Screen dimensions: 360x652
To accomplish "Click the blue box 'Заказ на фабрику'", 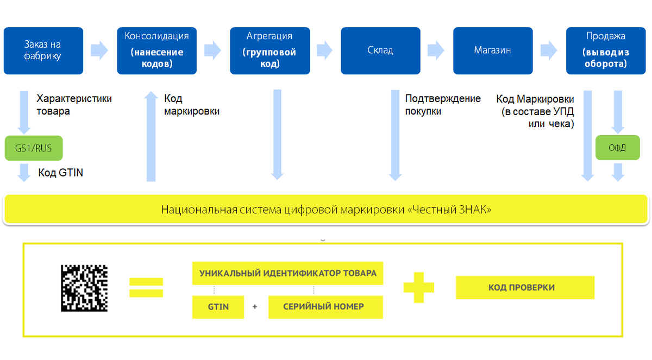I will pos(43,50).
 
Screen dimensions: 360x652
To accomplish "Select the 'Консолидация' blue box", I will pos(157,50).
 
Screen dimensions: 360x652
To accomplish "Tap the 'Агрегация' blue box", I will pos(269,50).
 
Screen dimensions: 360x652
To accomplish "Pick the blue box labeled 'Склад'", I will pos(380,50).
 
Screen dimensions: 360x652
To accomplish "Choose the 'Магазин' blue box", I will pos(493,50).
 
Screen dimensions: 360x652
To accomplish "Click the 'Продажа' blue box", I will pos(606,50).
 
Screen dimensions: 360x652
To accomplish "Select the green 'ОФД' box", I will pos(617,148).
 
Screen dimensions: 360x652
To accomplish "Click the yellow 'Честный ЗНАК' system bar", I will pos(326,209).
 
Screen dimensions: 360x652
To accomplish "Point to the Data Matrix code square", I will pos(84,288).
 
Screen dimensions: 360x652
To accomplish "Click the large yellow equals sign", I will pos(146,287).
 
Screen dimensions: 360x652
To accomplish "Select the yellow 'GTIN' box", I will pos(218,307).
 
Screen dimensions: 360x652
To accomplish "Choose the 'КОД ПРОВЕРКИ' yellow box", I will pos(525,287).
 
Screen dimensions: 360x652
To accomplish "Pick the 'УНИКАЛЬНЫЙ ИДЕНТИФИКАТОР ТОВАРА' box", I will pos(287,273).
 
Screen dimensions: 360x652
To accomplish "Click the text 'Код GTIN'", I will pos(60,173).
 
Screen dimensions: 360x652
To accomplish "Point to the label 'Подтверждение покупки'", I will pos(443,105).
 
